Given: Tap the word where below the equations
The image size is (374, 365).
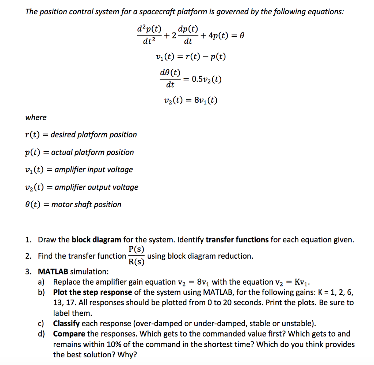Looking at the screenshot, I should coord(36,117).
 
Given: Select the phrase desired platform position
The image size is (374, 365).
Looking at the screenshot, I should coord(93,135).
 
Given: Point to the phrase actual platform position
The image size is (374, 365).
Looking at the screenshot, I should coord(92,152).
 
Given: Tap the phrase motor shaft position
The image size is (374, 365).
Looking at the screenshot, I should coord(86,205).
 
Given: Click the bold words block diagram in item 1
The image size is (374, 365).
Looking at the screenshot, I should coord(96,240).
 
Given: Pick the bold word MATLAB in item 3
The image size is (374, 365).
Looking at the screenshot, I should coord(53,271).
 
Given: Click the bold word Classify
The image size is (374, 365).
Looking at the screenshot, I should coord(66,324).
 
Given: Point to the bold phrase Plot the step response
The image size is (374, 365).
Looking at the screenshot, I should coord(92,292).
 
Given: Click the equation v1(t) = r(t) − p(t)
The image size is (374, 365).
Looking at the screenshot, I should coord(190,57).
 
